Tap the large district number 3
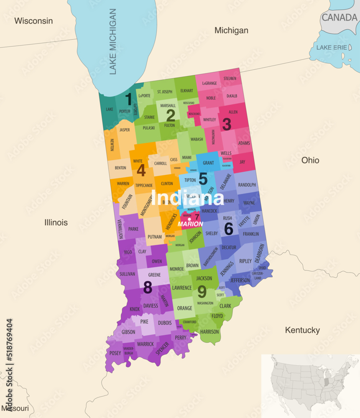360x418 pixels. [227, 124]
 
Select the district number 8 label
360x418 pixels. [148, 287]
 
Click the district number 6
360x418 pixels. [228, 229]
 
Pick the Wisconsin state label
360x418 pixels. [33, 21]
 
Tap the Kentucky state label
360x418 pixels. [302, 330]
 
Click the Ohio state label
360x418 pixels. [310, 160]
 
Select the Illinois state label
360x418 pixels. [56, 222]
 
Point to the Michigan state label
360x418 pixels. [231, 31]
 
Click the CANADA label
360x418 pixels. [339, 18]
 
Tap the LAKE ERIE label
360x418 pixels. [332, 48]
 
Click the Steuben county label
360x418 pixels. [230, 79]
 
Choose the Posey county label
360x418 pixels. [115, 353]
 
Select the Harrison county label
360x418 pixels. [209, 332]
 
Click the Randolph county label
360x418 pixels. [247, 185]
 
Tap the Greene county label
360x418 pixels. [154, 275]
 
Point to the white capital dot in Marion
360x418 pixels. [189, 219]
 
